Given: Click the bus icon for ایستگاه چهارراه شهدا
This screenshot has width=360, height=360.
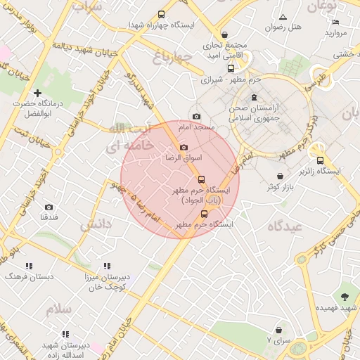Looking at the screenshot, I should (162, 14).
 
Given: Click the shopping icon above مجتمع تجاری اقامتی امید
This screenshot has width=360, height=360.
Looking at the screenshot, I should (224, 34).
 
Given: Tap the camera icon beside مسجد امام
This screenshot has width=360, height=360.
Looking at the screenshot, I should (196, 116).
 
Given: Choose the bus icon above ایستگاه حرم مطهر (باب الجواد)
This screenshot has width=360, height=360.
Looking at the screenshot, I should (201, 179).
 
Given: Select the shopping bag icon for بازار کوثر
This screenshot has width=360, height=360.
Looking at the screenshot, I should (281, 176).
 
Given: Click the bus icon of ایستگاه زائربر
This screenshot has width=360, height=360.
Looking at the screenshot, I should (320, 160).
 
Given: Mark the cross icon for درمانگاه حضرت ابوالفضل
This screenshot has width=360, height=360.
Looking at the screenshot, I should (37, 93).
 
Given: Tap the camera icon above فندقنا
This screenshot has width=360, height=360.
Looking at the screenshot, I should (49, 207).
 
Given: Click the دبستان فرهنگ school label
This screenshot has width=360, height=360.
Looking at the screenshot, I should (29, 277).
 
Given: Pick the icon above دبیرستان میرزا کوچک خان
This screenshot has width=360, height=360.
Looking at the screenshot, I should (107, 266).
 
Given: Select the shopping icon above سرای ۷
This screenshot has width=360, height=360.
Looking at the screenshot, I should (279, 329).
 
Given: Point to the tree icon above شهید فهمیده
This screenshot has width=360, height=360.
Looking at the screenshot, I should (345, 297).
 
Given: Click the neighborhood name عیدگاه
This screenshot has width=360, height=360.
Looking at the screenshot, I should (284, 226).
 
